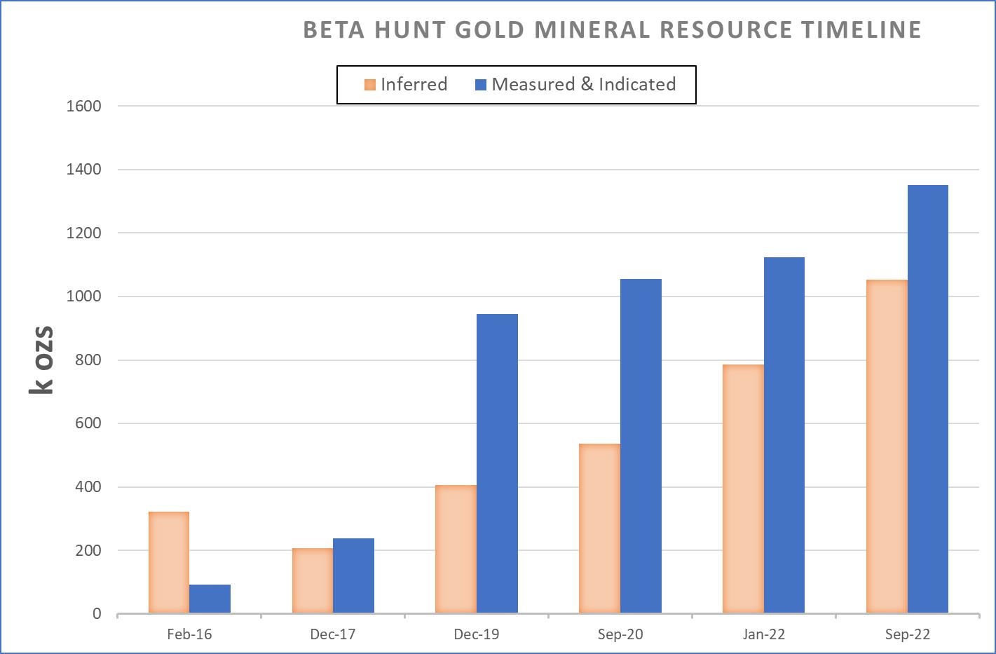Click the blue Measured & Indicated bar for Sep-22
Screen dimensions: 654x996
point(927,400)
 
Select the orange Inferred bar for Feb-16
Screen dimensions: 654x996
point(169,563)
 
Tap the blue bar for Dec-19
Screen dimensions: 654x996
point(497,464)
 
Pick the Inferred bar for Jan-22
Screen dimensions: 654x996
point(743,489)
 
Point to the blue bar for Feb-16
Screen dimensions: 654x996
point(210,599)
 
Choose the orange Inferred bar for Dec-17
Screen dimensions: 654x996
point(313,581)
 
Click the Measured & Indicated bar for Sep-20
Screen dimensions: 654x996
point(641,447)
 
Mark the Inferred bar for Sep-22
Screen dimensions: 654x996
point(887,447)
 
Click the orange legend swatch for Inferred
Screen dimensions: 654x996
point(370,85)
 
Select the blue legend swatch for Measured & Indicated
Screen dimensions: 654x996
point(481,85)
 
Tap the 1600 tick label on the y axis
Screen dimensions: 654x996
point(83,106)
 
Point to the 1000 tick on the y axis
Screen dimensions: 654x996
point(83,297)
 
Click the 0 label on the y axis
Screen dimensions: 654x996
point(96,614)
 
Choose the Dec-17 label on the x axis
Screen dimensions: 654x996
point(333,634)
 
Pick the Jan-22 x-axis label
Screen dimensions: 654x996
point(763,634)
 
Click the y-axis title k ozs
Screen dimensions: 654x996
point(42,360)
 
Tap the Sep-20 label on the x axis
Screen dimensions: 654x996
point(620,634)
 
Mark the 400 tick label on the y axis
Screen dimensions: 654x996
point(83,487)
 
